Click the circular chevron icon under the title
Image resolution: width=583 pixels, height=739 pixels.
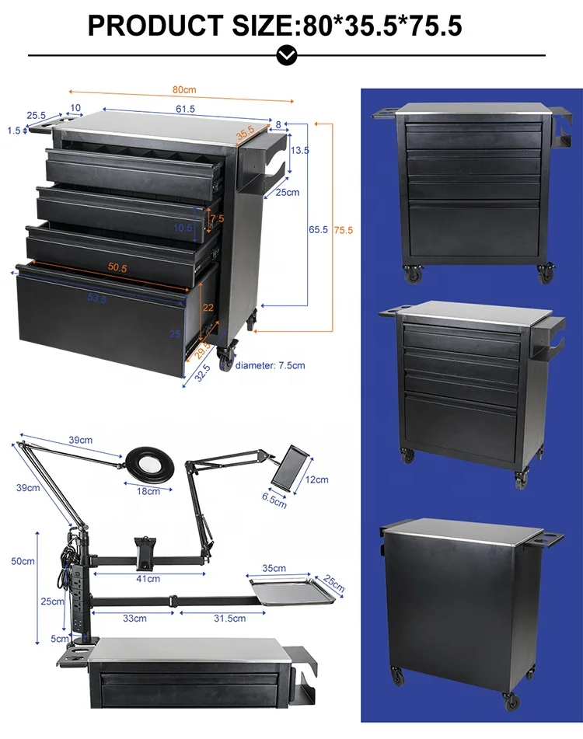[287, 55]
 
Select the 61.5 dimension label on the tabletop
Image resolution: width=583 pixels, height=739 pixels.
[185, 109]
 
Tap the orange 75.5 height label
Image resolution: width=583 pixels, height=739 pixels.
[343, 230]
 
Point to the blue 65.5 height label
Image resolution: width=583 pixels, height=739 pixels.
[318, 230]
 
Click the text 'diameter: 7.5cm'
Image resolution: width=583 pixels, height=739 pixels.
[270, 364]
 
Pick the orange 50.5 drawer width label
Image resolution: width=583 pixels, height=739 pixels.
[118, 267]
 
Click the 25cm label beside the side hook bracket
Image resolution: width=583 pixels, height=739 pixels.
[288, 192]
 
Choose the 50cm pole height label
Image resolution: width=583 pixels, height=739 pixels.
[23, 561]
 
